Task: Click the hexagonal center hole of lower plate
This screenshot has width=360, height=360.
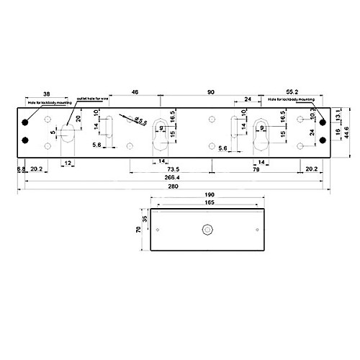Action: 207,230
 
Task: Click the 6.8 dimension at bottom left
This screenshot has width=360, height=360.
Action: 21,170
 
